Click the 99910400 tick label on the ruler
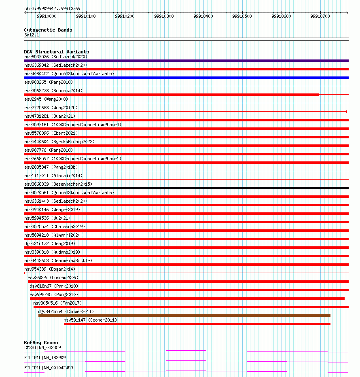pos(203,16)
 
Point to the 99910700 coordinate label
pos(320,16)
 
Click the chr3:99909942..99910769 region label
pos(52,8)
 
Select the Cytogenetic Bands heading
pos(48,30)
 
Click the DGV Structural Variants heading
pos(57,52)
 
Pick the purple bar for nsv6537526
pos(186,61)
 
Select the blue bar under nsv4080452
pos(186,78)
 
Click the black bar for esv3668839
pos(186,188)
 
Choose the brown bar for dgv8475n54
pos(184,316)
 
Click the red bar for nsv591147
pos(197,324)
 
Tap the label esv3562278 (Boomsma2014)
pos(53,91)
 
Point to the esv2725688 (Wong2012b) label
pos(51,108)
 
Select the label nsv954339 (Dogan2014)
pos(50,269)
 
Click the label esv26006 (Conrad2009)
pos(53,277)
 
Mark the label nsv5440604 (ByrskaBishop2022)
pos(59,142)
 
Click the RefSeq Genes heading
pos(41,343)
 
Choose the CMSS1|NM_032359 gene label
pos(42,347)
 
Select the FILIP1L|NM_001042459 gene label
pos(49,368)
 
